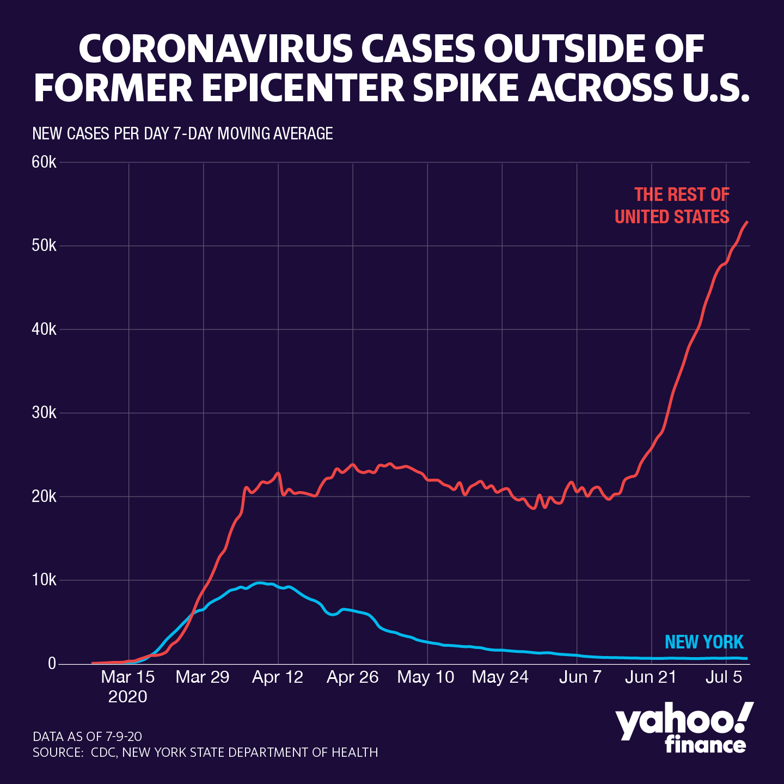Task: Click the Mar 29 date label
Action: click(203, 677)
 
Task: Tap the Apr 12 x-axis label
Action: click(278, 677)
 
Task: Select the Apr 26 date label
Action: click(352, 677)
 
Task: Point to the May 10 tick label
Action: click(426, 677)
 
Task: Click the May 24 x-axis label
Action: click(500, 677)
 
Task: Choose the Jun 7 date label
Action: click(580, 677)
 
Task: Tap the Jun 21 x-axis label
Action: click(651, 677)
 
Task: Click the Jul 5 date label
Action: click(724, 677)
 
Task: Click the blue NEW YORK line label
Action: click(704, 642)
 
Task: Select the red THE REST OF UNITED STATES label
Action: click(673, 206)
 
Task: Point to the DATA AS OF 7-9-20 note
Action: click(87, 737)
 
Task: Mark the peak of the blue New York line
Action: click(260, 583)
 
